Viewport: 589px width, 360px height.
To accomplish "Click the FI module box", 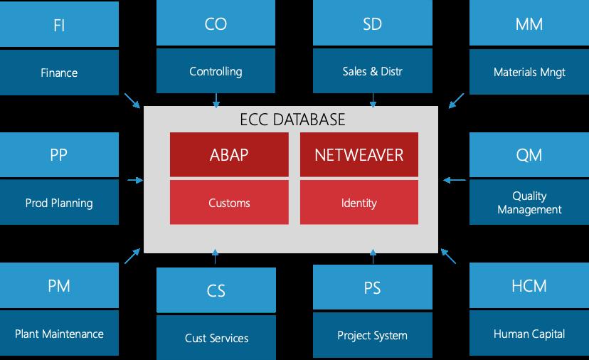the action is (59, 24).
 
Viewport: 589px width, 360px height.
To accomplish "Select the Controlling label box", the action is (216, 70).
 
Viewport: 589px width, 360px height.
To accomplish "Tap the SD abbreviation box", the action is (372, 23).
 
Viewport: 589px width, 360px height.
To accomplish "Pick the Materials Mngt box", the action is (529, 71).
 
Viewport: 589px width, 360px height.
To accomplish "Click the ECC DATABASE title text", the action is (292, 120).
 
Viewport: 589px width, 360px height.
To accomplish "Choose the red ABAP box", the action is (229, 154).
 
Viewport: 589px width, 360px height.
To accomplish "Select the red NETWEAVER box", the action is (359, 154).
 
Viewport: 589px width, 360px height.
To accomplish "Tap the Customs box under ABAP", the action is (229, 202).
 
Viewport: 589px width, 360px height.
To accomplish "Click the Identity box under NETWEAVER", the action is (359, 202).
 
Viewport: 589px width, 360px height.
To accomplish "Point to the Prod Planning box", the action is (59, 202).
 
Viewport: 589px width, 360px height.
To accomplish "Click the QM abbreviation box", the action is (529, 154).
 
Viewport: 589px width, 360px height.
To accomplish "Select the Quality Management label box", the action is (529, 202).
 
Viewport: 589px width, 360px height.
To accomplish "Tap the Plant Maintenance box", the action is (59, 333).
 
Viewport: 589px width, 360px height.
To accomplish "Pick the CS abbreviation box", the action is (216, 290).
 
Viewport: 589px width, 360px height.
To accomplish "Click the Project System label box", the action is (372, 335).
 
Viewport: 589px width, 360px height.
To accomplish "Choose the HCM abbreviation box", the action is (529, 285).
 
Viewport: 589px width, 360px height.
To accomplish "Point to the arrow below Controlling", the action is (216, 101).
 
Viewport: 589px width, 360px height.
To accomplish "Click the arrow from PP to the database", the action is (135, 181).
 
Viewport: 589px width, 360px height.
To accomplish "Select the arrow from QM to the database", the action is (454, 181).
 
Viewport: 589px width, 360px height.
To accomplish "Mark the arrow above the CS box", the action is (216, 256).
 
